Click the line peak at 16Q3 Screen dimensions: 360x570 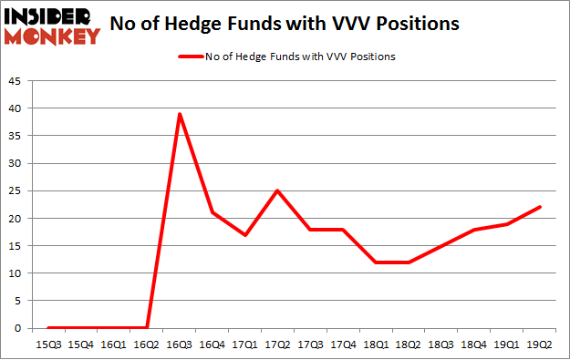[x=180, y=114]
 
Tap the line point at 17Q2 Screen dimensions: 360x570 [x=278, y=190]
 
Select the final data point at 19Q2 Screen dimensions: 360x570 [x=542, y=207]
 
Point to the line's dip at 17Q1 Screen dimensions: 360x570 [x=245, y=235]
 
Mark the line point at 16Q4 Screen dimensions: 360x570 [x=212, y=212]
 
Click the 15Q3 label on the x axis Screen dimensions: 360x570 [x=48, y=344]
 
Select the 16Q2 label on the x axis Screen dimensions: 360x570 [x=147, y=344]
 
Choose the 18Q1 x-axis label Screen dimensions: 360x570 [x=377, y=344]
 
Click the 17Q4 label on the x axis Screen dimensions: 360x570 [x=344, y=344]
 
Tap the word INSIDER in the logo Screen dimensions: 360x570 [x=50, y=16]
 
